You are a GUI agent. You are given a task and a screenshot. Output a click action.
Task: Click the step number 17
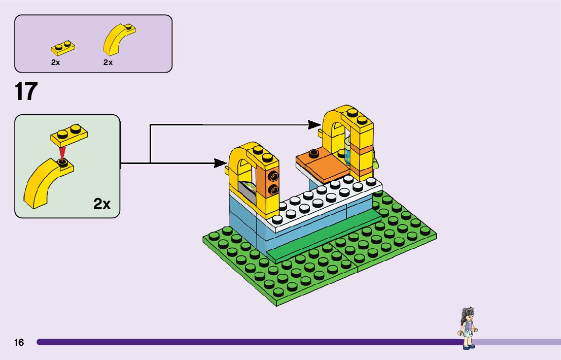click(26, 92)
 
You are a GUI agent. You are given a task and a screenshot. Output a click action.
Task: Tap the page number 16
click(19, 342)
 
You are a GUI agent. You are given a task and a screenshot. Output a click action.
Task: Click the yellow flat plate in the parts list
click(63, 48)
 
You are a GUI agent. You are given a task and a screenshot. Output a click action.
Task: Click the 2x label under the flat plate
click(55, 62)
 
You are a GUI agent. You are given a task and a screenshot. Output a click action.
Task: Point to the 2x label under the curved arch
click(108, 62)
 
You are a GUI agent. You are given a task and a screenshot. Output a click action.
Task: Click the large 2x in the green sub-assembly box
click(102, 204)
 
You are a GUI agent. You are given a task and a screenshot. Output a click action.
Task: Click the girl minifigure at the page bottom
click(468, 328)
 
